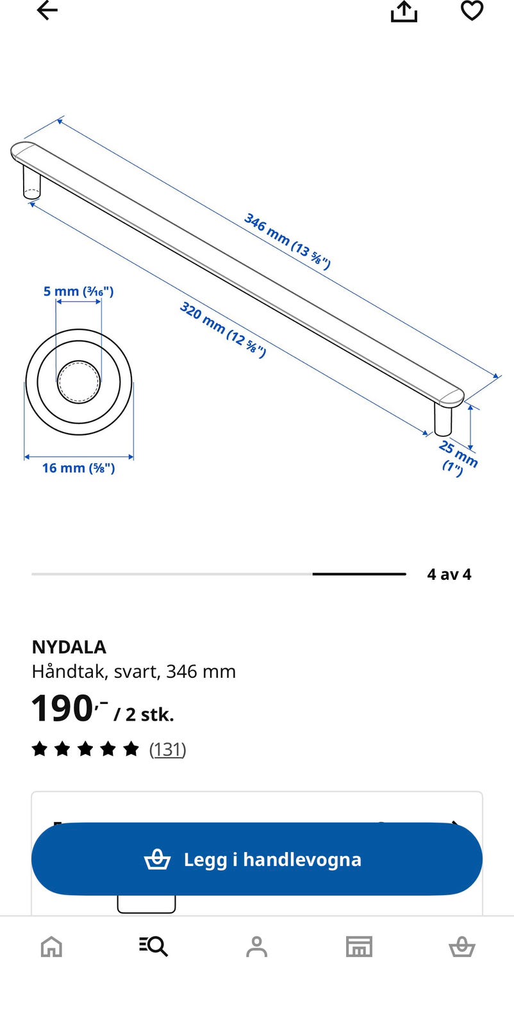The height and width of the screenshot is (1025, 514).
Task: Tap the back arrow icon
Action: click(x=47, y=10)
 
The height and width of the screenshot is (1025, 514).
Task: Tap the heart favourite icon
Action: click(x=472, y=10)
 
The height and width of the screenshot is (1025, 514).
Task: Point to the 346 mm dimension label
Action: click(x=287, y=241)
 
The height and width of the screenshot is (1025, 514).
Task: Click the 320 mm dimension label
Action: click(x=223, y=329)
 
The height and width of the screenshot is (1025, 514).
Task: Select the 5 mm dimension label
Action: click(x=78, y=291)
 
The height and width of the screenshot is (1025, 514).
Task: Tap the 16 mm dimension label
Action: click(x=78, y=468)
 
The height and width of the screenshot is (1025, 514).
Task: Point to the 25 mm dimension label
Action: click(x=458, y=459)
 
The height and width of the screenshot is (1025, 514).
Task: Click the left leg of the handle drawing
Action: click(x=31, y=182)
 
